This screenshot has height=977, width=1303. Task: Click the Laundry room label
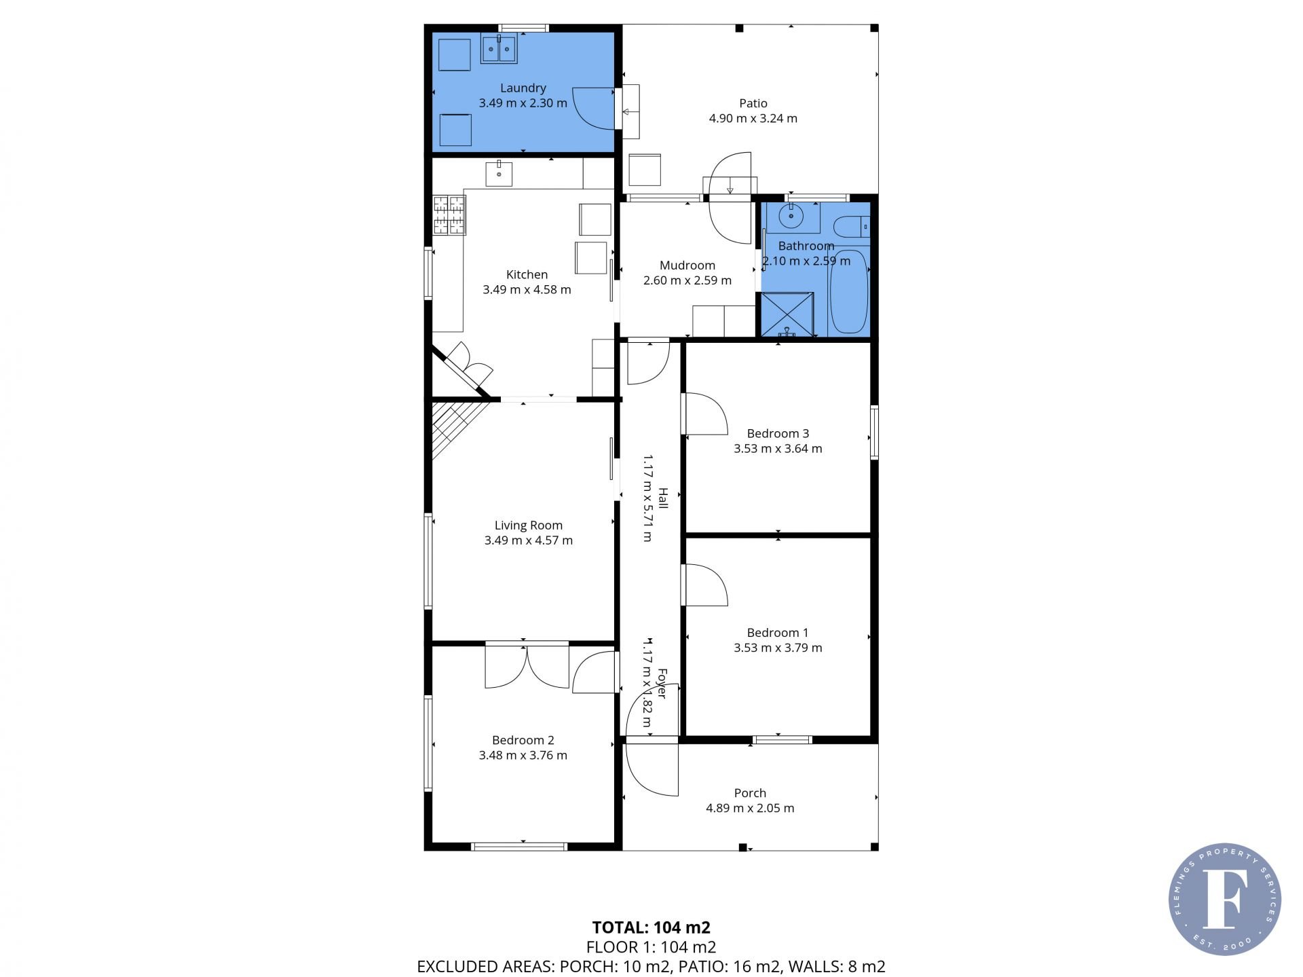tap(523, 88)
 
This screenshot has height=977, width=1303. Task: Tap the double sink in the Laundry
tap(499, 50)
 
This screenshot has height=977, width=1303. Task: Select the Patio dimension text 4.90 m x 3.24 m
tap(753, 118)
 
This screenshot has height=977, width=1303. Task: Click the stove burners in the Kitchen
tap(450, 215)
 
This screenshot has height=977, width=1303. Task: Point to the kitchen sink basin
tap(499, 174)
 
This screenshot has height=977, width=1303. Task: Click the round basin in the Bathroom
tap(791, 217)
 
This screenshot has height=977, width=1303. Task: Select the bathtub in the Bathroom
tap(848, 291)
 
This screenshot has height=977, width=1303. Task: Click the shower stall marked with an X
tap(787, 314)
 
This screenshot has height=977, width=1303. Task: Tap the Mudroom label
tap(687, 265)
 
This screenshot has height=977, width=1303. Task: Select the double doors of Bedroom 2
tap(527, 666)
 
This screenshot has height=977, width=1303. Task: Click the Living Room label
tap(528, 525)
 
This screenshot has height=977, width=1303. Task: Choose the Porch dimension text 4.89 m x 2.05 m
tap(750, 808)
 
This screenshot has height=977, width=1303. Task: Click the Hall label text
tap(663, 498)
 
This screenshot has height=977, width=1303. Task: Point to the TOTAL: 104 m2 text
tap(651, 927)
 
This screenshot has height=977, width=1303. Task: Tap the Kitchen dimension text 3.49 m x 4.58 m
tap(527, 289)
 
